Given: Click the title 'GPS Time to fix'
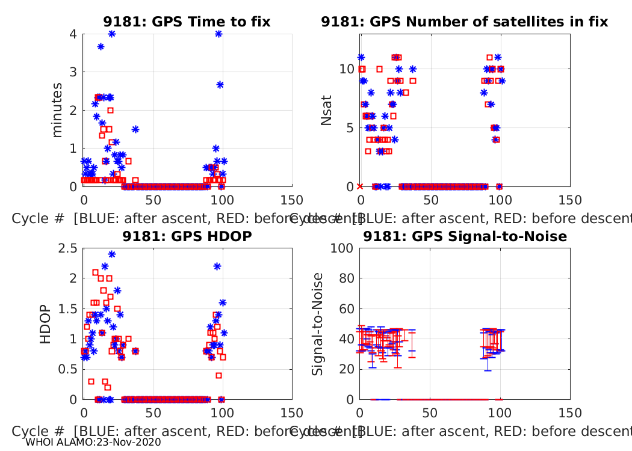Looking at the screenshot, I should point(187,22).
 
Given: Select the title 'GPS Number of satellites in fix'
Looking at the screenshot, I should point(464,22).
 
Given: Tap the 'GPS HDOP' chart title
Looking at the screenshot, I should point(187,236).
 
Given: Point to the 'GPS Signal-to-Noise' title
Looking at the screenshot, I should point(465,236).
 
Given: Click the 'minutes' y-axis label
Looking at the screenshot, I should point(58,110).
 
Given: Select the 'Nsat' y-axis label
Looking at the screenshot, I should point(327,110).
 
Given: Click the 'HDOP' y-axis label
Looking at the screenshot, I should point(46,324).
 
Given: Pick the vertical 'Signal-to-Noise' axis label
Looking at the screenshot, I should point(317,324).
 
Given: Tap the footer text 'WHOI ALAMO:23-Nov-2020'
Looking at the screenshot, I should point(93,442).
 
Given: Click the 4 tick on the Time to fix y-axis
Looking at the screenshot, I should point(73,34).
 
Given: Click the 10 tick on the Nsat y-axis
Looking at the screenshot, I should point(345,69).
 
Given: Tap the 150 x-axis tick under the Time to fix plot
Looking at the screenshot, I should point(292,200).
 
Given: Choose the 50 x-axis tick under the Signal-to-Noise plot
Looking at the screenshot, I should point(430,413).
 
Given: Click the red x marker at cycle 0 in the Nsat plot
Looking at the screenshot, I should point(360,186).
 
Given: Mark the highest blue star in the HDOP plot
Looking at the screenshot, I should point(111,254).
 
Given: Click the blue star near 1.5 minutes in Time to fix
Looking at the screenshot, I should point(135,129).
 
